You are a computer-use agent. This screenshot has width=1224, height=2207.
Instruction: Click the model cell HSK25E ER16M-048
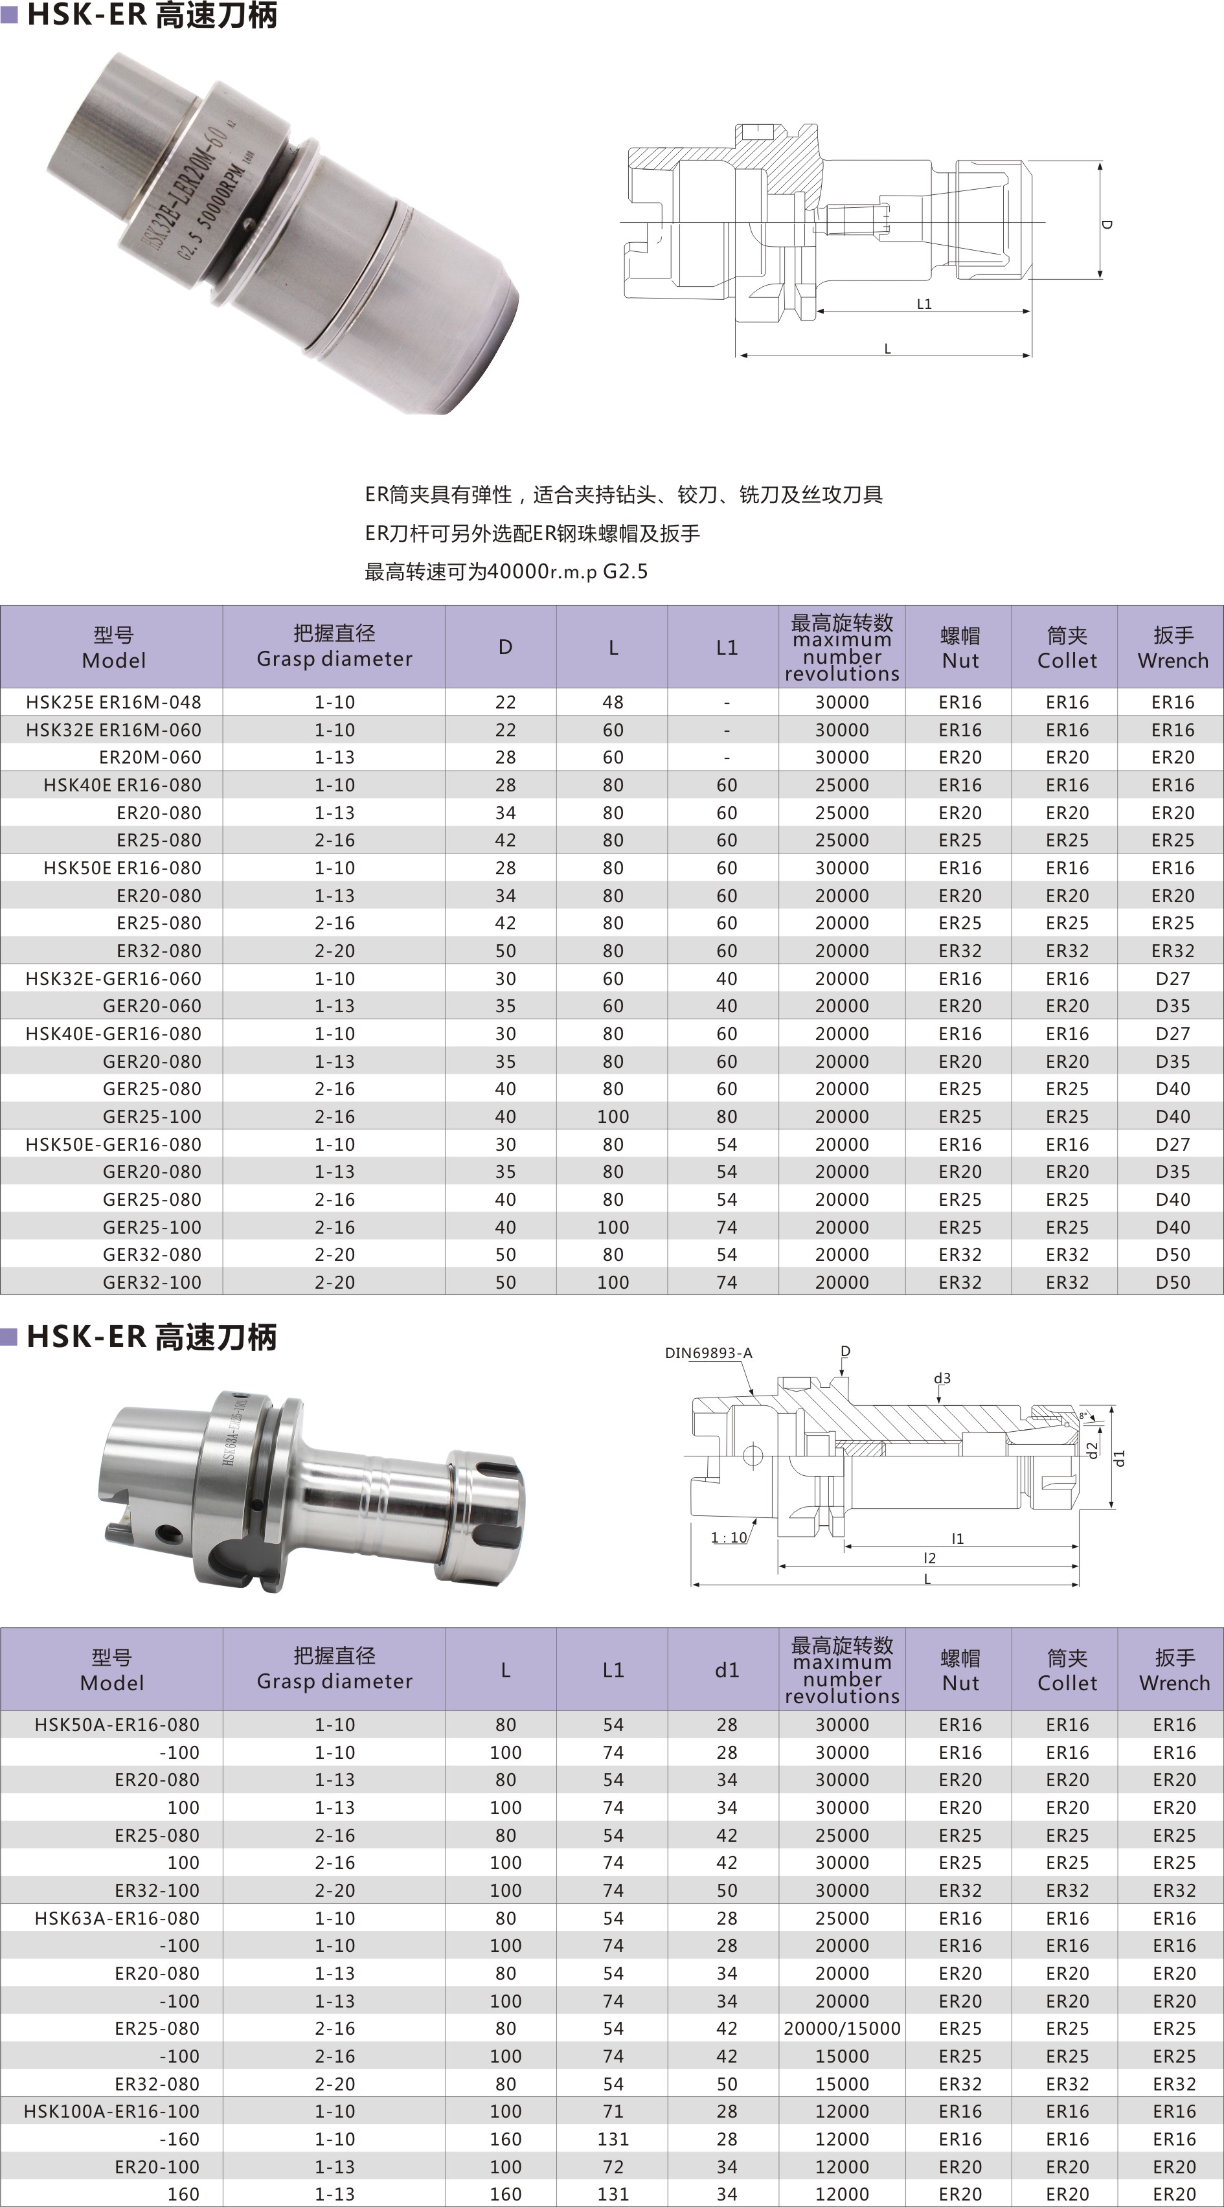tap(113, 702)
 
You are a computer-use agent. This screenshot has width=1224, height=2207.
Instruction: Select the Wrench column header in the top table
tap(1173, 648)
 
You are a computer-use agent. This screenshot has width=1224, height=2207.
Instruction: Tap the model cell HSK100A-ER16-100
tap(111, 2111)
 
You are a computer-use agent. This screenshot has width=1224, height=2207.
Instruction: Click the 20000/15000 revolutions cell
tap(842, 2028)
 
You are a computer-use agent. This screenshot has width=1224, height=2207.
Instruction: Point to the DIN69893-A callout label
tap(708, 1353)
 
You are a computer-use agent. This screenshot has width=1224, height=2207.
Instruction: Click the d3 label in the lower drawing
tap(942, 1377)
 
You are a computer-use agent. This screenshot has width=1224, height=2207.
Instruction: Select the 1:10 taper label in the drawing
tap(729, 1537)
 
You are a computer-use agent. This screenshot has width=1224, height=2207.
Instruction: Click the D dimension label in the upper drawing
tap(1107, 225)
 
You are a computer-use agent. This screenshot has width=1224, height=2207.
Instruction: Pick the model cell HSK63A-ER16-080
tap(117, 1918)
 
